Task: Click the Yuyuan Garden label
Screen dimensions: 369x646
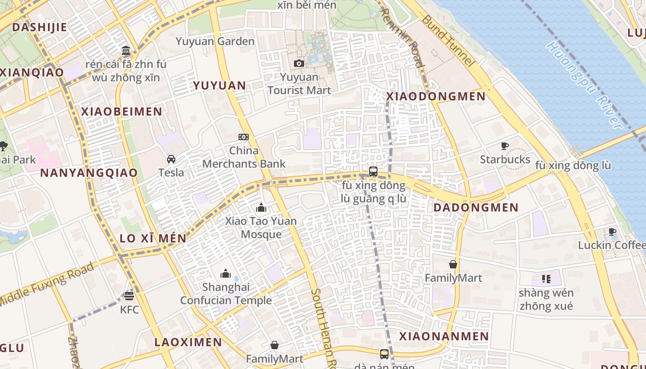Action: (215, 42)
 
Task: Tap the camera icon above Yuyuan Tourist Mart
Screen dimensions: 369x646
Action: (299, 63)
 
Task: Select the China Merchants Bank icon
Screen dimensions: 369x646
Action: (244, 137)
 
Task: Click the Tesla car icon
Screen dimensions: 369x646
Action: (171, 159)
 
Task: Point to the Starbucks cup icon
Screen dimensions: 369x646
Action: (505, 146)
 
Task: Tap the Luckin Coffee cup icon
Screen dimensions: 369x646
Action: (612, 232)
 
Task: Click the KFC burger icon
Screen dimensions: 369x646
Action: (129, 296)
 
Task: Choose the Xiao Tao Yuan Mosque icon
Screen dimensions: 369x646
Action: (261, 208)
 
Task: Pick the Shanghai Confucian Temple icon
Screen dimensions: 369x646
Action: (226, 274)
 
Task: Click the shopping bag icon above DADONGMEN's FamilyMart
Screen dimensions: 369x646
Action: (453, 264)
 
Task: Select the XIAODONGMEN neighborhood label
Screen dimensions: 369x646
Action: (436, 96)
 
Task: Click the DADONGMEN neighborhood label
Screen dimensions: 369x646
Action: (476, 208)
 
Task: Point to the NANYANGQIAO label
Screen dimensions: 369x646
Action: (89, 173)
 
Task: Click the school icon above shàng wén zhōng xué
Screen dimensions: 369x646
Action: (546, 279)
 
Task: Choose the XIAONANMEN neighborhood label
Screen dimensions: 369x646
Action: (443, 336)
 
